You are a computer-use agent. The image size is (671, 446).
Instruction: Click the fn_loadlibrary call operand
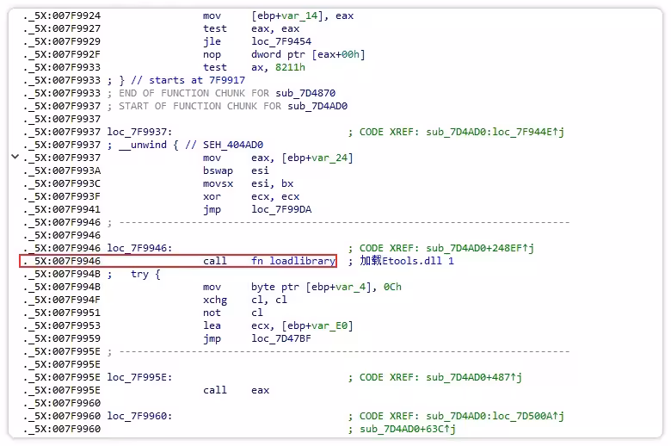[293, 261]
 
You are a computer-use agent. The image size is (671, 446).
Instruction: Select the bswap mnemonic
[218, 170]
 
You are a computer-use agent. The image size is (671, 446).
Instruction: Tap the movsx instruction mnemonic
[218, 183]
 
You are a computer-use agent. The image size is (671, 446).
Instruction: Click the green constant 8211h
[290, 67]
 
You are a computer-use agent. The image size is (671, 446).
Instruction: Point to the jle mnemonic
[212, 41]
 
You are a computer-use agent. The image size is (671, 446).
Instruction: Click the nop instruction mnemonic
[212, 54]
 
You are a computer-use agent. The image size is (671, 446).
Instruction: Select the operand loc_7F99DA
[281, 209]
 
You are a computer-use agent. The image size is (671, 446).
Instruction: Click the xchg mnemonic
[215, 300]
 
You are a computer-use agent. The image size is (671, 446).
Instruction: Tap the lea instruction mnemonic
[212, 325]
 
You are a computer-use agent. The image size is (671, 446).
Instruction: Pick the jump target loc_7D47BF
[281, 338]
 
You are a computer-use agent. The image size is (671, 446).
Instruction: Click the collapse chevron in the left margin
[15, 157]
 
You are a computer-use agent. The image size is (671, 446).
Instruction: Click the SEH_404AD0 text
[233, 145]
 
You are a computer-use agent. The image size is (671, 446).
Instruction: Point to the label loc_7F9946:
[139, 248]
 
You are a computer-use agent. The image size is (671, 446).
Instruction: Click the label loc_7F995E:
[139, 377]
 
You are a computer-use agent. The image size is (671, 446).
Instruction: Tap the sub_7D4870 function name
[305, 93]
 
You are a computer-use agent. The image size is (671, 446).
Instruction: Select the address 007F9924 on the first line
[77, 15]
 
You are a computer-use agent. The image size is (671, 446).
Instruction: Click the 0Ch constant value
[392, 287]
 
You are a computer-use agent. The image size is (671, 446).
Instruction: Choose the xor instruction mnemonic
[212, 196]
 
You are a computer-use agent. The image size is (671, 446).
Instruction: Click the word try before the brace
[139, 274]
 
